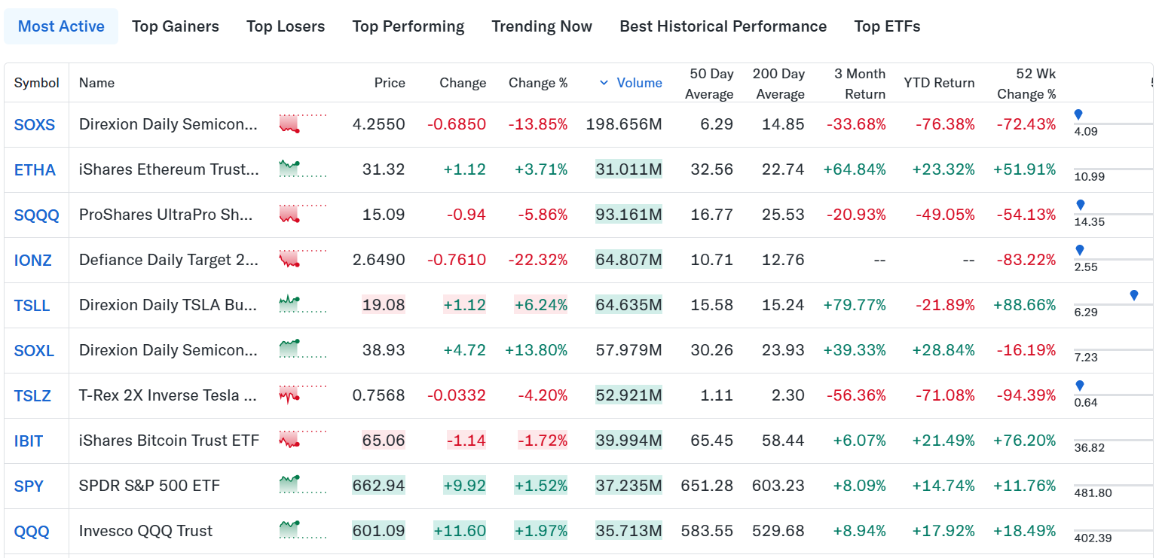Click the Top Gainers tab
(176, 26)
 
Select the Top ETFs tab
(887, 26)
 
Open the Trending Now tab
(542, 26)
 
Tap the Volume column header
(639, 83)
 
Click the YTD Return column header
(939, 83)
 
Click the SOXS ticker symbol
(34, 125)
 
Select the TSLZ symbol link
(32, 395)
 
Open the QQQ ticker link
(32, 531)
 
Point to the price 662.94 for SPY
(379, 486)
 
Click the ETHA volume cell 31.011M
(628, 169)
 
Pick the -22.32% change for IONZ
(537, 260)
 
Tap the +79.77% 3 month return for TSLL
(855, 304)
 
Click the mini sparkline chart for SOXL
(303, 349)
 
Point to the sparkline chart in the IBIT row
(303, 439)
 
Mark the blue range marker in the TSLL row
(1134, 295)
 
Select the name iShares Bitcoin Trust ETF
(169, 440)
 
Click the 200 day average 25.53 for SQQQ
(783, 214)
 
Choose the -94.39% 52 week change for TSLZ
(1026, 395)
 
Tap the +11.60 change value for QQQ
(460, 531)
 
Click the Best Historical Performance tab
(723, 26)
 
